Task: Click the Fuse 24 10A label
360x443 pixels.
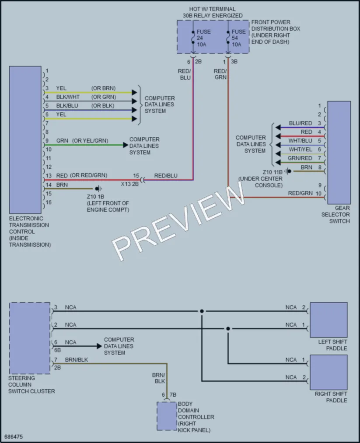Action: [x=203, y=38]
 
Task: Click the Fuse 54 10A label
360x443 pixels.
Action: [x=238, y=38]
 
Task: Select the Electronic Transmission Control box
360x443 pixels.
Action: [x=25, y=140]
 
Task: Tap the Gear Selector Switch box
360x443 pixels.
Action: [x=339, y=153]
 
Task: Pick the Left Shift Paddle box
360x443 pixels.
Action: [x=329, y=320]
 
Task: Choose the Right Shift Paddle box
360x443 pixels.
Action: [x=329, y=372]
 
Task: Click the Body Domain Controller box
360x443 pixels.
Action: [x=167, y=416]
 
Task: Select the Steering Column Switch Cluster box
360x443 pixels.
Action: [x=30, y=338]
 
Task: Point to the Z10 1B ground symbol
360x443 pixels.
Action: [x=98, y=188]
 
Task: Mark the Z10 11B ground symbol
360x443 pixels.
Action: [x=288, y=171]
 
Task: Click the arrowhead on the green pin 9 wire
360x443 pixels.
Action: [x=126, y=145]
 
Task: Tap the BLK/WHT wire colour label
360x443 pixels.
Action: [x=68, y=97]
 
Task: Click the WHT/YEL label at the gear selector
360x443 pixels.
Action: [x=301, y=150]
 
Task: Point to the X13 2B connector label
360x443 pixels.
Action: [x=130, y=184]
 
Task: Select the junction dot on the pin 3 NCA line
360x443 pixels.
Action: [x=202, y=311]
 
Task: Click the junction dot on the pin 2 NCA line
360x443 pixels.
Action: [x=228, y=328]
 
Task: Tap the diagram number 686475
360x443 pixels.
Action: [x=14, y=436]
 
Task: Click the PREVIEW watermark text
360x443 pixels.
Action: [x=178, y=221]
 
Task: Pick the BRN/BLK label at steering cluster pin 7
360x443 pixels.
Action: [x=77, y=359]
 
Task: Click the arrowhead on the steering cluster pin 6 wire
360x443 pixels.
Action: [x=99, y=346]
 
